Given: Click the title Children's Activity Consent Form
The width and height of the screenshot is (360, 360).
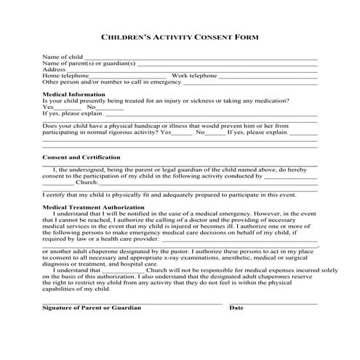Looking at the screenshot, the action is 180,36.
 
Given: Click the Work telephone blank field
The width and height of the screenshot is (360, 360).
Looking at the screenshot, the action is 268,76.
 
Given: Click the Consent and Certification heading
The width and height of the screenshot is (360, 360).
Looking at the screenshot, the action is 81,157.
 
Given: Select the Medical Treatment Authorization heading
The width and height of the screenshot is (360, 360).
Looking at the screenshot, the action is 94,207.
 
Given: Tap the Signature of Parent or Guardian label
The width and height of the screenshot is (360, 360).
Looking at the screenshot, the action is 92,308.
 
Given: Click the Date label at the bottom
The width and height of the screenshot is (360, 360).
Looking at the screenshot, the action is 236,308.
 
